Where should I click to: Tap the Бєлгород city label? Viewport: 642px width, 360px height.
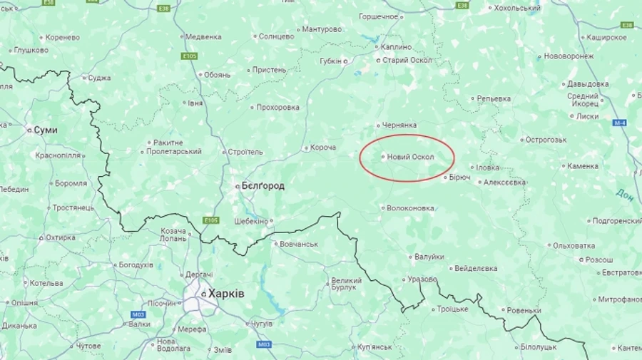(263, 186)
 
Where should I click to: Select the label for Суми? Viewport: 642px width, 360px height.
(46, 130)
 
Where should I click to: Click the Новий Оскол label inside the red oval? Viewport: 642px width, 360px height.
(411, 157)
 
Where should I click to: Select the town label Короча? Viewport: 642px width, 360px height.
(323, 148)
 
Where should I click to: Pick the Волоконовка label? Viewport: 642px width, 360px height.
(410, 208)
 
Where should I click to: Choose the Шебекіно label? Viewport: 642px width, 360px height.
(250, 221)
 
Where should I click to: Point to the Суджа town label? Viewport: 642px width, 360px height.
(99, 78)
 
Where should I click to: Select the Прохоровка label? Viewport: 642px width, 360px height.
(277, 108)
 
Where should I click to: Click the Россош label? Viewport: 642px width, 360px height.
(599, 259)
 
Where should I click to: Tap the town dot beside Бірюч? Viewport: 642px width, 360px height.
(445, 177)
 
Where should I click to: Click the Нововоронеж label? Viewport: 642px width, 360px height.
(569, 56)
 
